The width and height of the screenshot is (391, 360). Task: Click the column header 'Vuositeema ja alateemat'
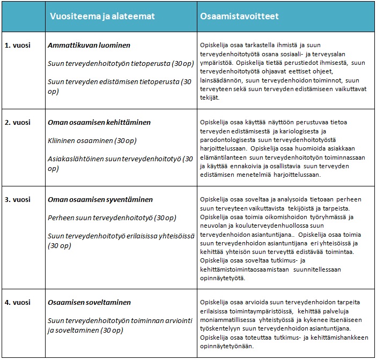tap(102, 17)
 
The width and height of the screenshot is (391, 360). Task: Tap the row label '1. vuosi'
tap(18, 46)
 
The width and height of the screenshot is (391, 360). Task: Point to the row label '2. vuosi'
tap(18, 123)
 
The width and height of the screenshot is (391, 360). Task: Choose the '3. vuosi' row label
tap(18, 199)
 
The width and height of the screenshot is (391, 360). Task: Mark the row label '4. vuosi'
tap(18, 303)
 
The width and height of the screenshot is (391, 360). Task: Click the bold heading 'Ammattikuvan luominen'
tap(89, 46)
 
